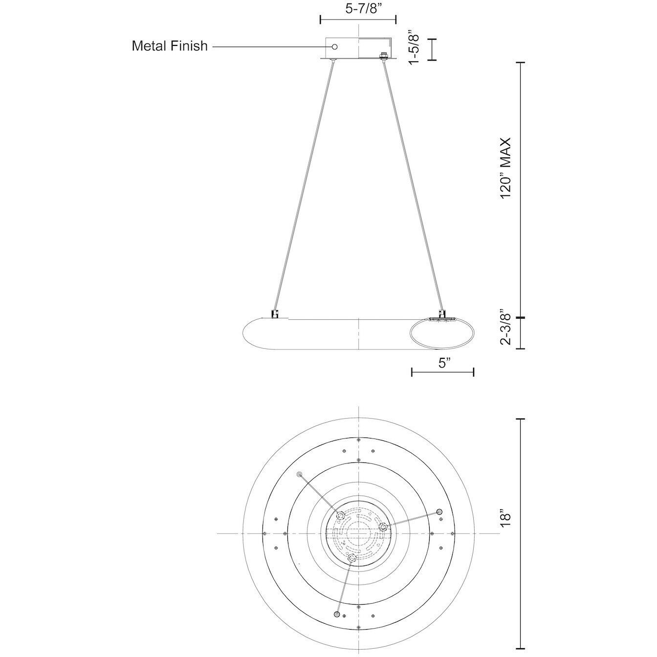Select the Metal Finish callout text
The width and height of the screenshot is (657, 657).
click(170, 46)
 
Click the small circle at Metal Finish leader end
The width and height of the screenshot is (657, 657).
click(335, 46)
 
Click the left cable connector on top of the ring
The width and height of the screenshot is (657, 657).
click(275, 313)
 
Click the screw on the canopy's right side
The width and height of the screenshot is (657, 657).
click(384, 56)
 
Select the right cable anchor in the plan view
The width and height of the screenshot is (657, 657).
click(438, 511)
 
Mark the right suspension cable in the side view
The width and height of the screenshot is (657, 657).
click(413, 186)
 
